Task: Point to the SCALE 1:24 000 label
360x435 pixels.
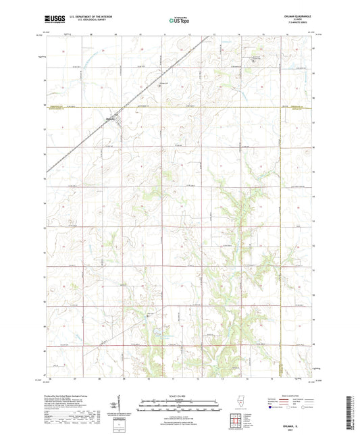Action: [179, 396]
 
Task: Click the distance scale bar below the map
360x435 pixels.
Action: [179, 403]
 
